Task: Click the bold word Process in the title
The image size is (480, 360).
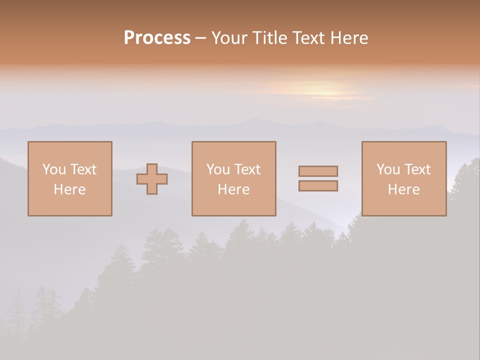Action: (x=157, y=38)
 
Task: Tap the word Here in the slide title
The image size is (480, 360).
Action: (x=348, y=38)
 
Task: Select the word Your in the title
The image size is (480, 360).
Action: (x=230, y=38)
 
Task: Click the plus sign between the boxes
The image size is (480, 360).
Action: (x=152, y=179)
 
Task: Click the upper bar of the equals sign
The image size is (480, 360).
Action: (x=318, y=171)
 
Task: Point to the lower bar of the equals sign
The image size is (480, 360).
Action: (x=318, y=185)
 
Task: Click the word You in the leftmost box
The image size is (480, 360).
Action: (x=54, y=169)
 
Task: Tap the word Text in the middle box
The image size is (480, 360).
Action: (x=247, y=169)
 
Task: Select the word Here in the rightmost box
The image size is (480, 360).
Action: (x=403, y=189)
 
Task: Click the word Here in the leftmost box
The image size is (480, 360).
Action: (x=69, y=189)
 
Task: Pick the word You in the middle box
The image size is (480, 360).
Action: (x=218, y=169)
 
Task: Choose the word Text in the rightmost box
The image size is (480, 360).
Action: (x=417, y=169)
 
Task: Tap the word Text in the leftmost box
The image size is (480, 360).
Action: (x=83, y=169)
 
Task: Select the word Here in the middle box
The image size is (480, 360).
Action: (x=233, y=189)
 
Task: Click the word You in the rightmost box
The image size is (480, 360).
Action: (x=388, y=169)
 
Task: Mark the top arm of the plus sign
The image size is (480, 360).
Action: (x=152, y=168)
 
